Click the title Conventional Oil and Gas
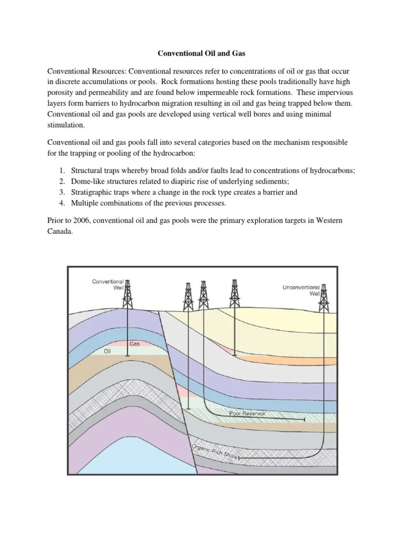point(201,53)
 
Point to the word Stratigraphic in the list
point(92,192)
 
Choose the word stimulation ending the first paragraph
point(67,126)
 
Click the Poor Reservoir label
point(248,413)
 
